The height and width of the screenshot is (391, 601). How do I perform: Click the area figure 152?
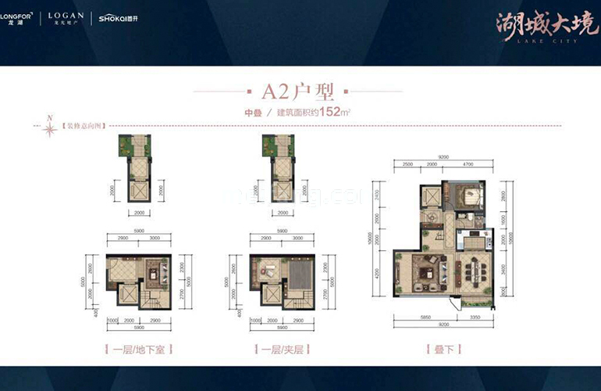click(333, 112)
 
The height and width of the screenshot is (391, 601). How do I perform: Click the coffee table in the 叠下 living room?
click(428, 273)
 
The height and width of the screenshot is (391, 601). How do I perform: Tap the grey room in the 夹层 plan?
click(300, 275)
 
